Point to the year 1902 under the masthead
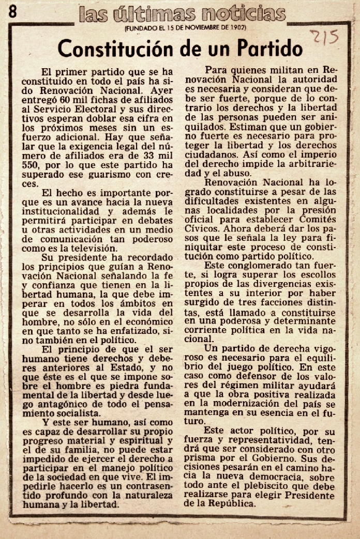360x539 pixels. coord(238,27)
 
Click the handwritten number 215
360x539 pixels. coord(324,38)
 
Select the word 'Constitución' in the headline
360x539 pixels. coord(117,49)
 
